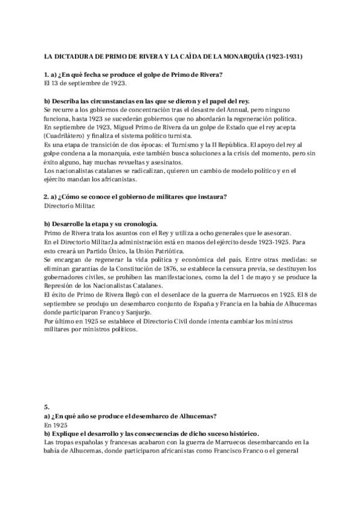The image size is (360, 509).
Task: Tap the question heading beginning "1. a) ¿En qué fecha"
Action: tap(134, 74)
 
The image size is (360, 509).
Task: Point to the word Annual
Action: tap(215, 110)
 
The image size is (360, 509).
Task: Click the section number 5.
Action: tap(47, 406)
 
